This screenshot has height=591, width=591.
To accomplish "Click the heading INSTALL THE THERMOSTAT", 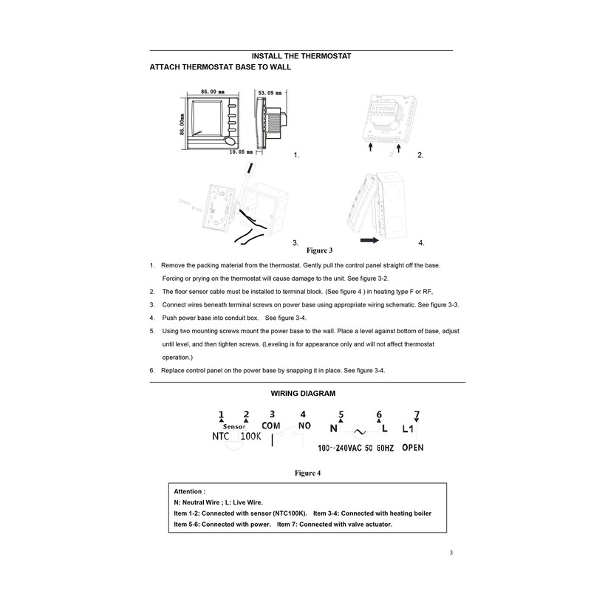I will click(301, 56).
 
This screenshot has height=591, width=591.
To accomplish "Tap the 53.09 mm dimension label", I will click(270, 93).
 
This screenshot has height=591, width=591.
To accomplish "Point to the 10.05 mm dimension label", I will click(241, 152).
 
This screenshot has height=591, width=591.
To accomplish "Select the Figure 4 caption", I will click(307, 472).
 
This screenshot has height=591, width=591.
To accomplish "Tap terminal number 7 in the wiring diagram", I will click(416, 414).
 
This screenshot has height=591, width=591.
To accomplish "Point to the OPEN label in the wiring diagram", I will click(413, 448).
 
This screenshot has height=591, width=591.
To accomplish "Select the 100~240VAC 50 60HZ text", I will click(355, 448).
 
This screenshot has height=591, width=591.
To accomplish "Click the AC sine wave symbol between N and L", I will click(361, 430).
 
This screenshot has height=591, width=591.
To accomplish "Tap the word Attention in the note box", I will click(189, 491).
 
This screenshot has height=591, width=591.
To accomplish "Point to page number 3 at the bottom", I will click(451, 553).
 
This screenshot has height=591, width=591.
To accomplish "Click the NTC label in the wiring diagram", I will click(222, 436).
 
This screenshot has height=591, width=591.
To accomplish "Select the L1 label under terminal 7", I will click(410, 428).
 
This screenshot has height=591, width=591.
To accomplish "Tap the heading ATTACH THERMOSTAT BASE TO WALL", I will click(220, 67).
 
